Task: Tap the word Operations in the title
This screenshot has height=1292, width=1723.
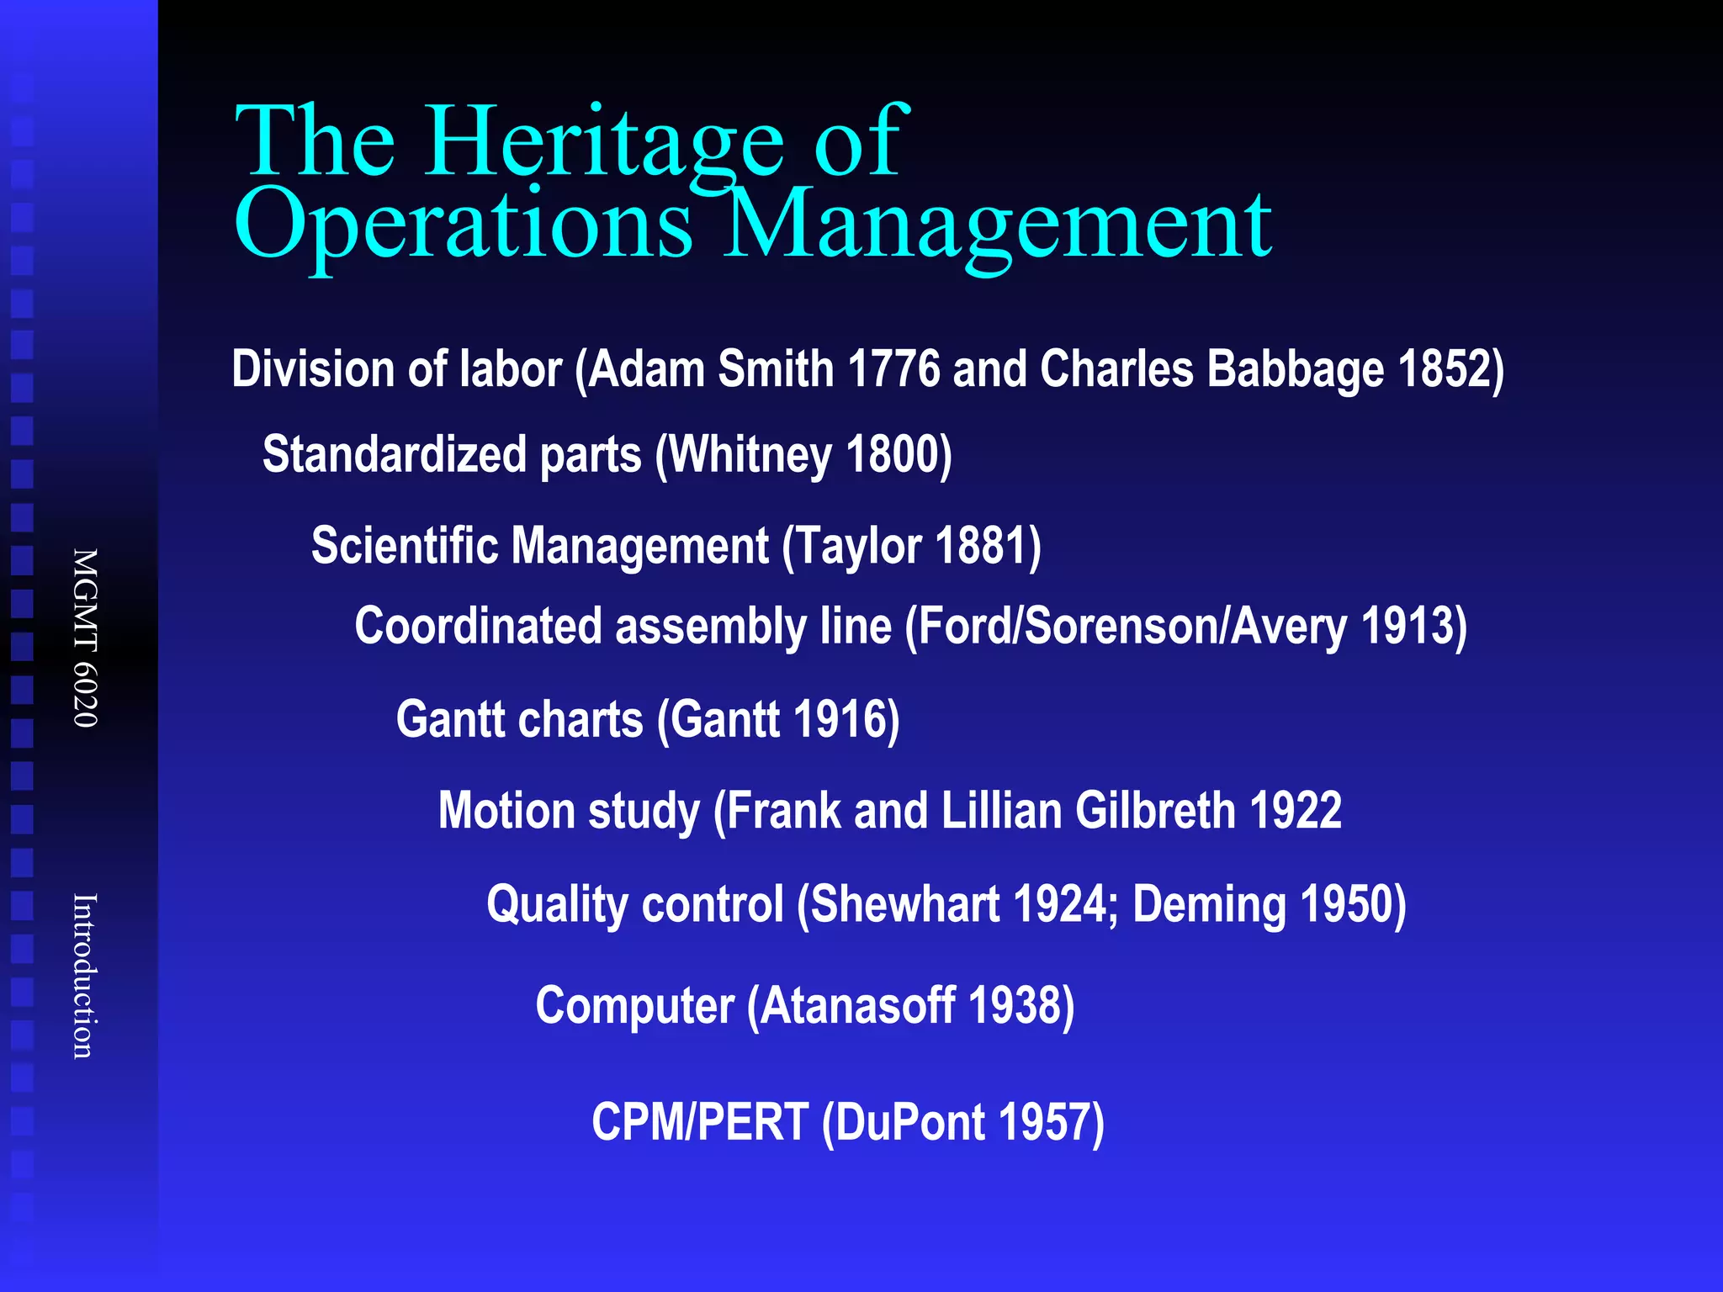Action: pos(463,225)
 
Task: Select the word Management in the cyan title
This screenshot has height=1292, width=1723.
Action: pos(998,225)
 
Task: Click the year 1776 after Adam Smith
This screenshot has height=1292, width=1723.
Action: pos(893,369)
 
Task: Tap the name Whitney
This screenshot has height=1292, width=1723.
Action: pos(750,455)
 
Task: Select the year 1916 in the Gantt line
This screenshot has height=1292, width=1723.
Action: pos(840,720)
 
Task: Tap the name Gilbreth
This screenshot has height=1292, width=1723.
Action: pos(1155,811)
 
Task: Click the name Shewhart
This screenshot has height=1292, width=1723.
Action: pos(905,905)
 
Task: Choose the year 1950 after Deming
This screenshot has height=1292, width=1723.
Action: pos(1347,905)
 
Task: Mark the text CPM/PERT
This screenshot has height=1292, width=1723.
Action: pos(700,1122)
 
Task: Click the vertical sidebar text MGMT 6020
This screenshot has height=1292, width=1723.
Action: pos(85,638)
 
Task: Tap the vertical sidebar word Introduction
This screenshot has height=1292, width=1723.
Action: pos(85,976)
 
